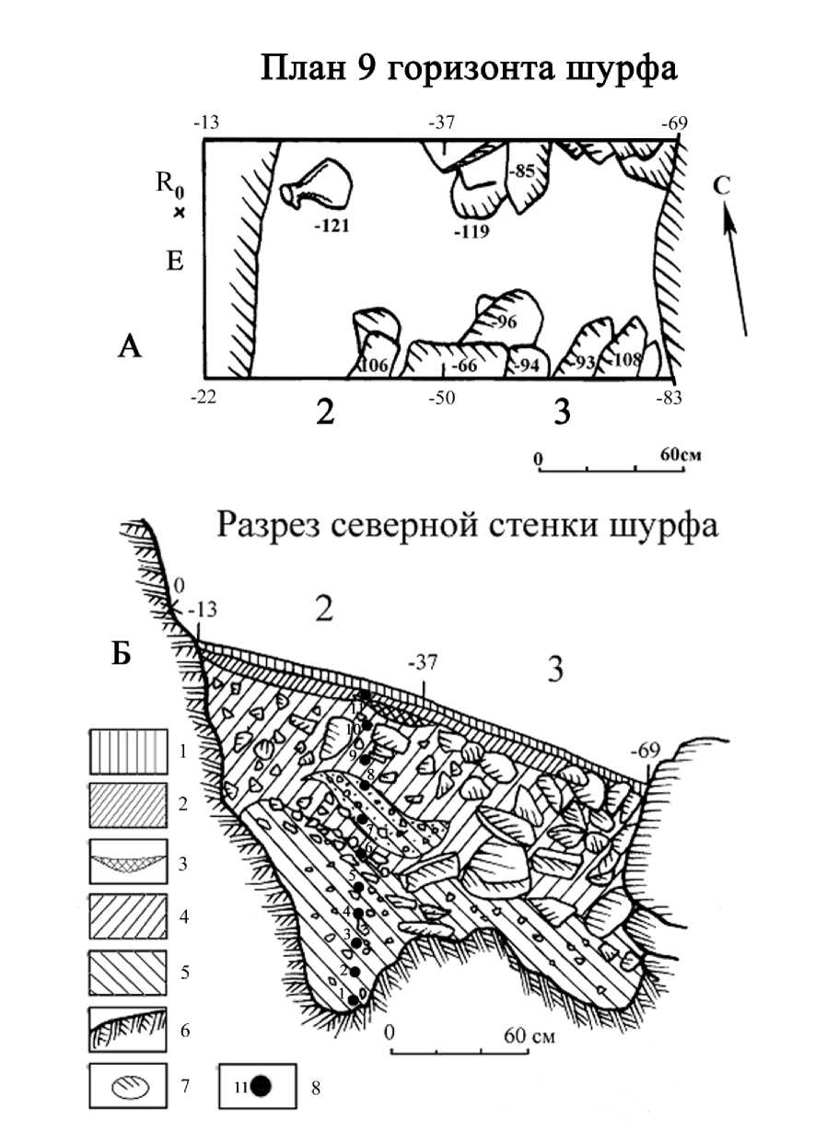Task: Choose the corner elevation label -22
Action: coord(205,397)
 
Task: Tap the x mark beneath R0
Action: coord(180,213)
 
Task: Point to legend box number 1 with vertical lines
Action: coord(128,752)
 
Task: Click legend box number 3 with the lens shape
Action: coord(128,863)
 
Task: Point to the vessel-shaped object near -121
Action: coord(319,185)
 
